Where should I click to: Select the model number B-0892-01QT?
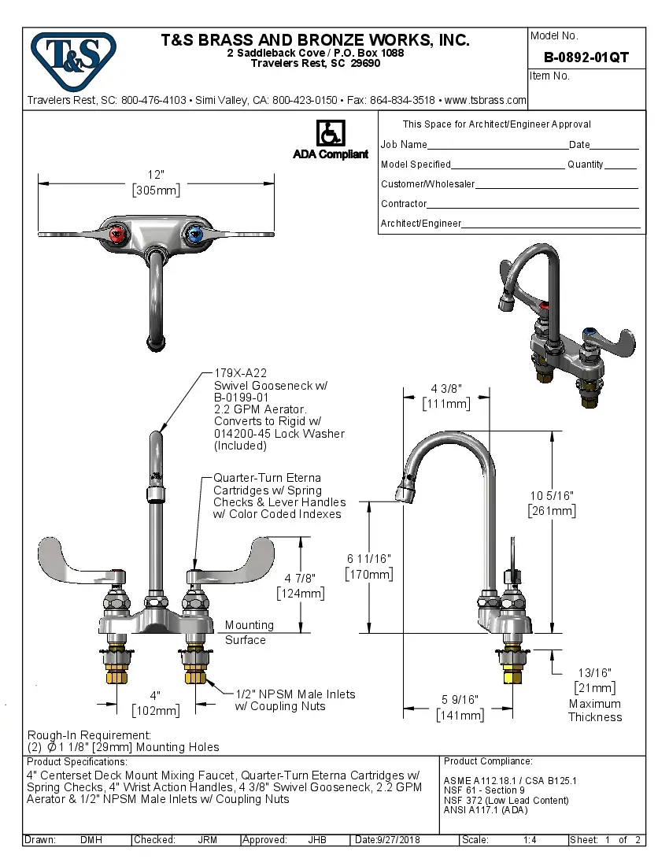[586, 57]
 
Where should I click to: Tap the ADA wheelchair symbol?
[330, 133]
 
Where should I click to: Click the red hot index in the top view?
[117, 233]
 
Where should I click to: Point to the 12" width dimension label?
[155, 175]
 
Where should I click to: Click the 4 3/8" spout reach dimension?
[445, 388]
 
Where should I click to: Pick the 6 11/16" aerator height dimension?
[368, 559]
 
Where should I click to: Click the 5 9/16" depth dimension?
[460, 700]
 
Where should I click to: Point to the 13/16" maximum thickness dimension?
[595, 672]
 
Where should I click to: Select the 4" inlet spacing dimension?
[155, 696]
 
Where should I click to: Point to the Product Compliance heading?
[488, 761]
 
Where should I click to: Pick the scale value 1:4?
[530, 840]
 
